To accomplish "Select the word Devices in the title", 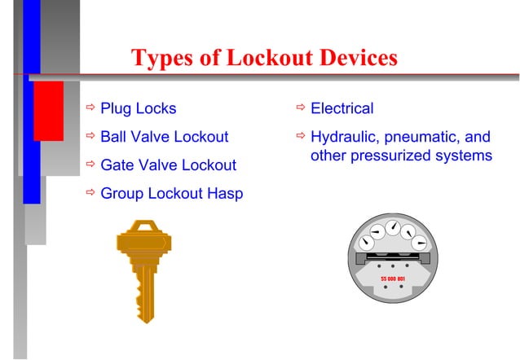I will click(355, 59).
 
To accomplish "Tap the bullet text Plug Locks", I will click(138, 108).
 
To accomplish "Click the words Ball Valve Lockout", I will click(164, 137).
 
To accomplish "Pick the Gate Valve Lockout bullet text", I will click(168, 165).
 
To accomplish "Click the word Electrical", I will click(342, 108).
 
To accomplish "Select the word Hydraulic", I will click(346, 137).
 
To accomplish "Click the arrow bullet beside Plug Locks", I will click(90, 108).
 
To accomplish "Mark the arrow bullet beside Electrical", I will click(301, 108).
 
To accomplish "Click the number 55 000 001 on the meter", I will click(394, 278).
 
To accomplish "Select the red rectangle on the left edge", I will click(48, 110).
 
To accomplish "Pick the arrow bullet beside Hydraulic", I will click(301, 137).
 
